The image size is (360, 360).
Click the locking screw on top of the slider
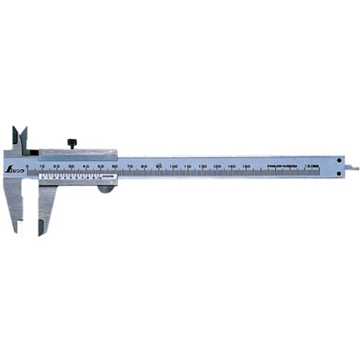coord(73,142)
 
